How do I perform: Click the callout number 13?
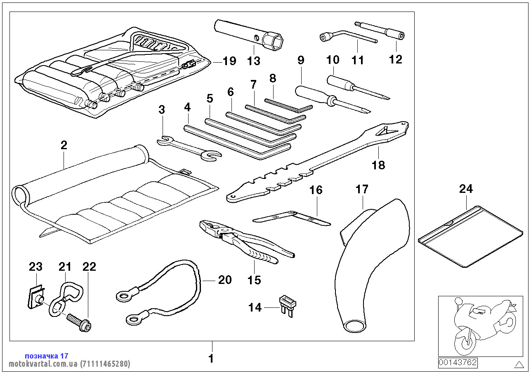[x=254, y=61]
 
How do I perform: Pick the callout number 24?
[x=466, y=189]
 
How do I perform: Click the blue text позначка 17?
[x=47, y=356]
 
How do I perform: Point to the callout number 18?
[x=378, y=165]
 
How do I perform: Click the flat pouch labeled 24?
[x=471, y=236]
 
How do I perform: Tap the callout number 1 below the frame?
[x=211, y=359]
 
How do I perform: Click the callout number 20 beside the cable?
[x=225, y=280]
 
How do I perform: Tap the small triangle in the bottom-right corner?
[x=519, y=364]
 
